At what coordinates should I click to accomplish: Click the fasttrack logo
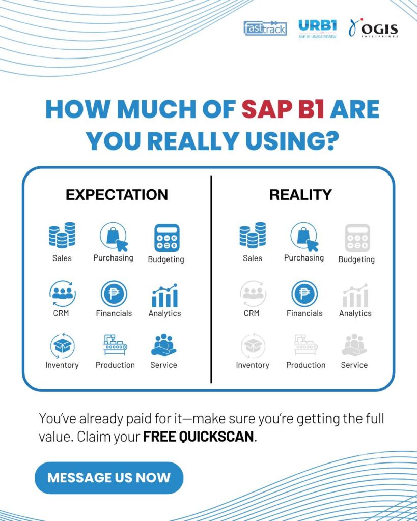265,28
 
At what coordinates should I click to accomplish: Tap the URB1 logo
317,29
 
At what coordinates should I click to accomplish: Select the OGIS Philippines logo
373,28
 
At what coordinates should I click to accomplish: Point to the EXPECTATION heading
117,195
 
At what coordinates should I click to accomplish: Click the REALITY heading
300,195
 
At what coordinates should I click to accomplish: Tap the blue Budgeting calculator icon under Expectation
167,238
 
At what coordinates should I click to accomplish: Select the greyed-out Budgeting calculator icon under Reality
357,238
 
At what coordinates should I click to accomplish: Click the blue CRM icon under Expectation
63,294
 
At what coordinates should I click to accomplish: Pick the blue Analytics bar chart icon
164,296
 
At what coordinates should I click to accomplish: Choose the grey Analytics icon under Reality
355,296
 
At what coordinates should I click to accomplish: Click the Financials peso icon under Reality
304,294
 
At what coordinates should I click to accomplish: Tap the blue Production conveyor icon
115,345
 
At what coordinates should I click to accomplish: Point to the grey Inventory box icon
253,345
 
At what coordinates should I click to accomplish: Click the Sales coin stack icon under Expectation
62,235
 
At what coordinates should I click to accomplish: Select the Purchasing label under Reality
304,258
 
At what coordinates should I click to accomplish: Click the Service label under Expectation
163,365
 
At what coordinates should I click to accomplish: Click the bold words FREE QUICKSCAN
199,436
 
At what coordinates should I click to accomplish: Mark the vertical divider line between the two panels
211,279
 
